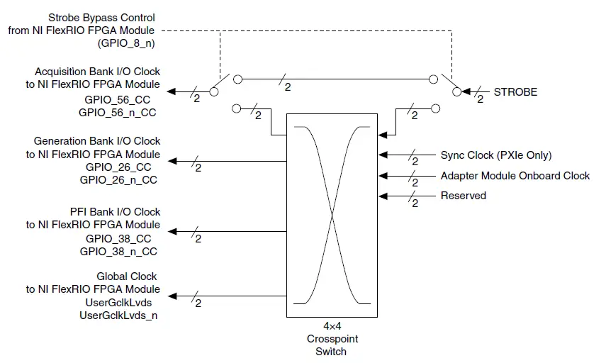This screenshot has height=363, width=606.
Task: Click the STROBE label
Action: click(x=515, y=92)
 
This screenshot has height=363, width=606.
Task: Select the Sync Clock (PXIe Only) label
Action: click(x=495, y=155)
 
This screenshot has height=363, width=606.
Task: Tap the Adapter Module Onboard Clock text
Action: click(x=515, y=176)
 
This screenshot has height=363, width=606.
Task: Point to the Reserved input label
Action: click(x=463, y=196)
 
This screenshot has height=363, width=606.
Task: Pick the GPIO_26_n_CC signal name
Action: click(x=118, y=180)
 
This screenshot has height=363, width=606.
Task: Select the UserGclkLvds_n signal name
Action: click(x=118, y=314)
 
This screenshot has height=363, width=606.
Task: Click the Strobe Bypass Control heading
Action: click(x=101, y=17)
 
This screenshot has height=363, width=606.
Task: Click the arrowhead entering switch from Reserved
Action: click(x=383, y=196)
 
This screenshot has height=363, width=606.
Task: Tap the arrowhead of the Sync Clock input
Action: click(x=383, y=154)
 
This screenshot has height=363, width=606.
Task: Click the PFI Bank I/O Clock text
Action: click(x=115, y=212)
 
